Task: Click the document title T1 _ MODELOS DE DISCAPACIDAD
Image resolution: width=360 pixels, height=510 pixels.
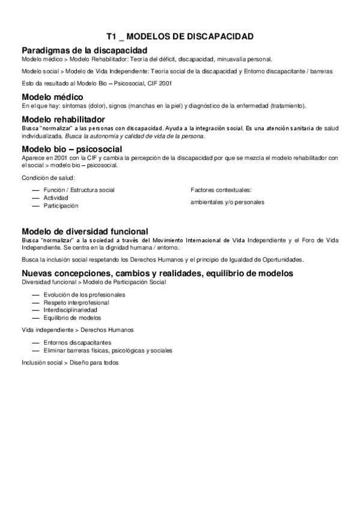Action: point(180,37)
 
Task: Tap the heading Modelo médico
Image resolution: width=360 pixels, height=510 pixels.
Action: point(52,97)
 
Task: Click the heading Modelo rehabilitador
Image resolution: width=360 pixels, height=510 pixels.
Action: point(67,119)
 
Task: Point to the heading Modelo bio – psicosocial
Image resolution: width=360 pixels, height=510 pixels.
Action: point(72,149)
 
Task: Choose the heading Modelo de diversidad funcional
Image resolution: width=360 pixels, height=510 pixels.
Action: point(93,232)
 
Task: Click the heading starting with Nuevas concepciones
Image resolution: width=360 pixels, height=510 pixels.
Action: point(157,273)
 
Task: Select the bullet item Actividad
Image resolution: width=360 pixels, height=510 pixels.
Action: point(56,198)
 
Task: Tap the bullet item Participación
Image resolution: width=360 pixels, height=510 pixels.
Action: point(61,206)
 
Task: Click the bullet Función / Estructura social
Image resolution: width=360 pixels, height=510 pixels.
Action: point(79,190)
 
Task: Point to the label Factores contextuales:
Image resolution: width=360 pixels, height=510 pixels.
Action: point(221,190)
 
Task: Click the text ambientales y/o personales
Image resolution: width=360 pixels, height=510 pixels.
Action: point(227,202)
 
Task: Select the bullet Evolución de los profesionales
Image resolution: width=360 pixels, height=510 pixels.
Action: point(84,295)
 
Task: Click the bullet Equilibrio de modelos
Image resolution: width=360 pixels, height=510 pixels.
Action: point(72,318)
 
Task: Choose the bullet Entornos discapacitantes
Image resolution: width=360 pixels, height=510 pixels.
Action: point(77,342)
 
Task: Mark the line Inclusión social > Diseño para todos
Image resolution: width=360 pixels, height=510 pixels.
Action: point(70,363)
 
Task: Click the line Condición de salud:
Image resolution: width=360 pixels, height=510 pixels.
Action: point(47,177)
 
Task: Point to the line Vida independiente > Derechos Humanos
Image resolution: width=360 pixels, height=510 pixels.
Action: point(77,330)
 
